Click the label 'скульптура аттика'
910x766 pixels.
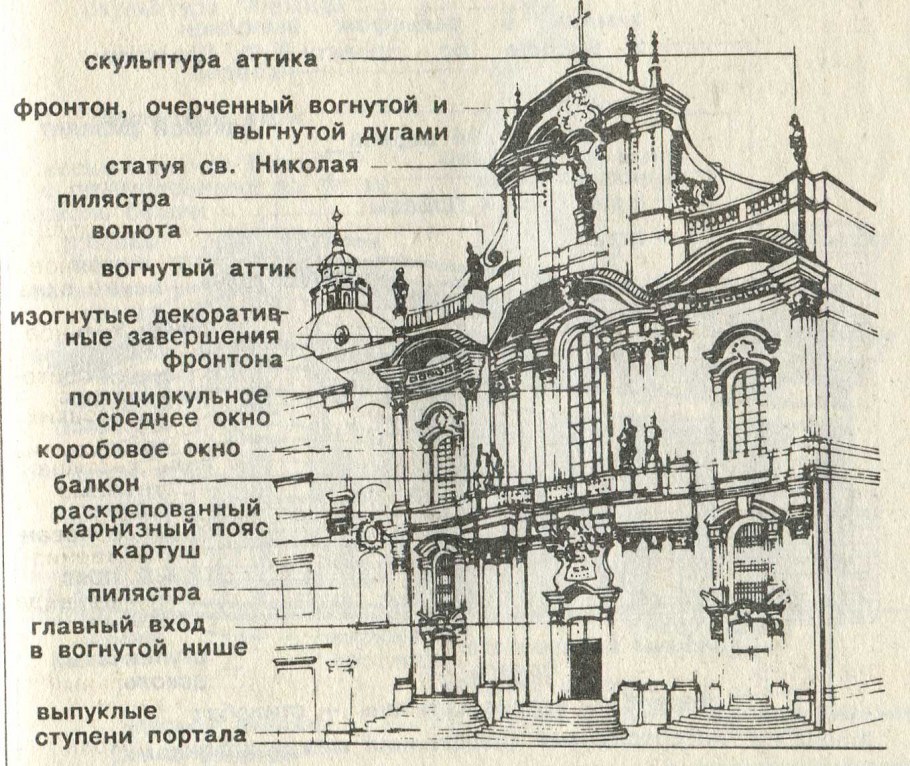pos(201,59)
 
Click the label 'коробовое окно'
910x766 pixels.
pos(139,448)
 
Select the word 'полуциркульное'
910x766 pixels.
pos(169,395)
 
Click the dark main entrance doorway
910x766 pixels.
pos(585,665)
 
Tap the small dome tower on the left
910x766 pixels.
pos(338,280)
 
